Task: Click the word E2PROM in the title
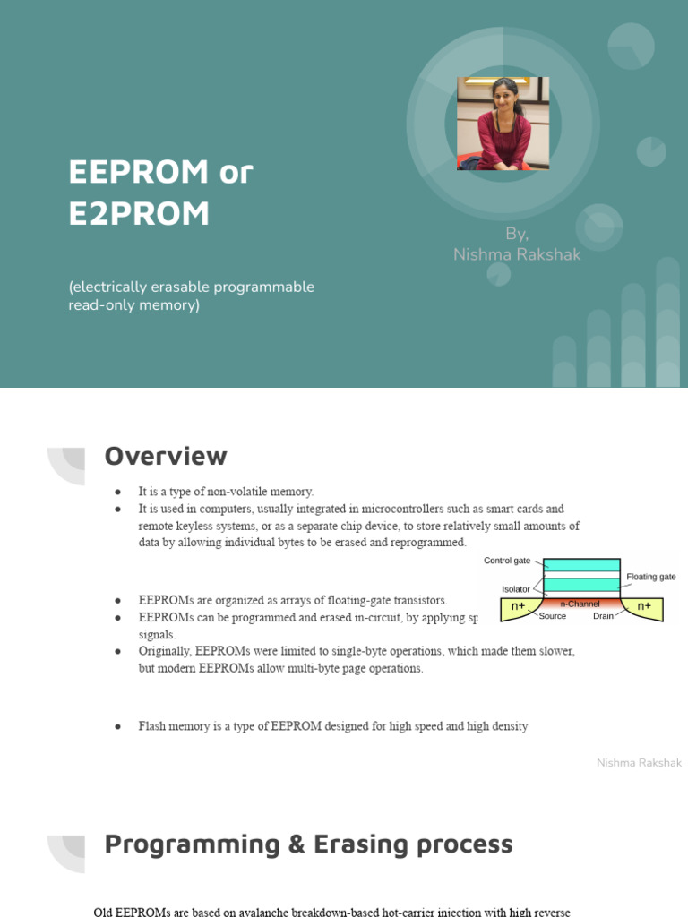point(139,213)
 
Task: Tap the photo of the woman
point(503,124)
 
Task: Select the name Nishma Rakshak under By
point(517,254)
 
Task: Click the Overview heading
point(166,456)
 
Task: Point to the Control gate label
point(507,561)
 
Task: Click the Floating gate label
point(650,577)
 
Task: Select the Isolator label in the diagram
point(515,589)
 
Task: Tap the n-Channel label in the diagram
point(580,604)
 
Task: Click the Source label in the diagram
point(552,616)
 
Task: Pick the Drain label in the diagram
point(603,616)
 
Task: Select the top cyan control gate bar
point(581,565)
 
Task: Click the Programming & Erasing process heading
point(308,844)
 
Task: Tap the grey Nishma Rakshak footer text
point(639,763)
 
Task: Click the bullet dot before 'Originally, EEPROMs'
point(117,652)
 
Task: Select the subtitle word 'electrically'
point(110,287)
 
